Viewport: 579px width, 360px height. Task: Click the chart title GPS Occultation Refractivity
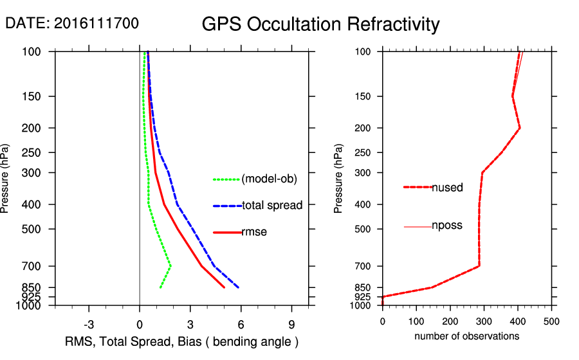pos(320,24)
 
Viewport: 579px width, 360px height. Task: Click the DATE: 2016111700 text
pos(71,24)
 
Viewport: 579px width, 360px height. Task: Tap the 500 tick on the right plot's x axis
pos(551,320)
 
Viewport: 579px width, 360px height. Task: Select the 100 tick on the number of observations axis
pos(416,320)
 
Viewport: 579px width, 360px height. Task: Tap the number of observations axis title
pos(466,336)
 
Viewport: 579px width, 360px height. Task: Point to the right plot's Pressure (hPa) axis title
pos(339,179)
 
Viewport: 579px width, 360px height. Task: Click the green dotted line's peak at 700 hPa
pos(171,265)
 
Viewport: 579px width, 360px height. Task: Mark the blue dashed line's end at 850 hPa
pos(239,287)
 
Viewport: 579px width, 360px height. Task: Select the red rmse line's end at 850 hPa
pos(224,287)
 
